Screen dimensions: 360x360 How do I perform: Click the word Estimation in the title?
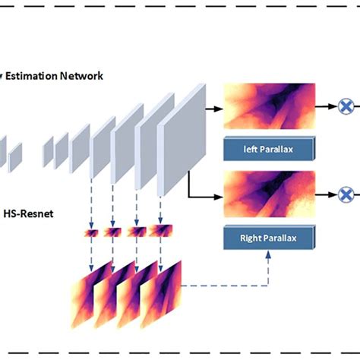[x=34, y=76]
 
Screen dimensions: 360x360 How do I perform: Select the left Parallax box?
[x=269, y=150]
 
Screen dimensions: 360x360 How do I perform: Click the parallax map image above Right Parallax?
[x=269, y=194]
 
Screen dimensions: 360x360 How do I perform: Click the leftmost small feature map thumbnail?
[x=92, y=232]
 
